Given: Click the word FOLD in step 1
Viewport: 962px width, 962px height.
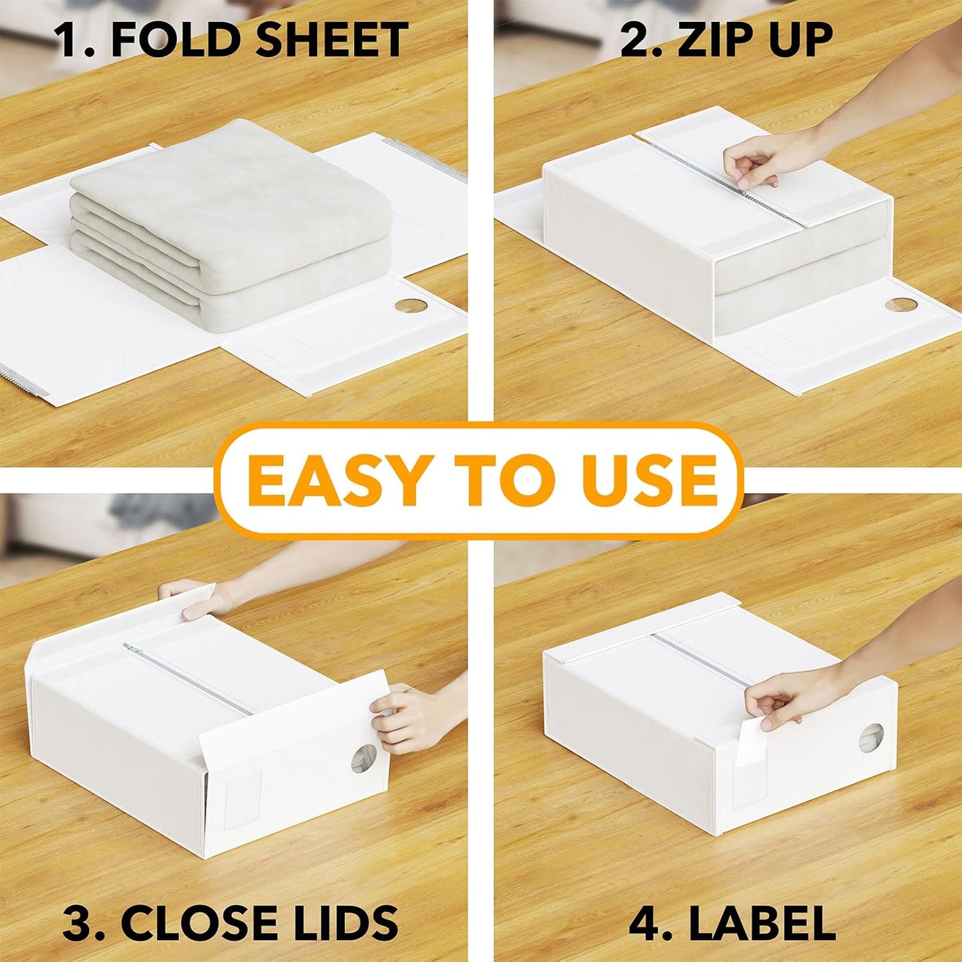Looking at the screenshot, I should pos(176,39).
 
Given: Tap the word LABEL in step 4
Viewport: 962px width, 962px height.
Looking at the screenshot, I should pos(762,923).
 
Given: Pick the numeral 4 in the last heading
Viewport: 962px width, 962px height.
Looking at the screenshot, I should pos(642,923).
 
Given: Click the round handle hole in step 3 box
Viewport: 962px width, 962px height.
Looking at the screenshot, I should pos(363,759).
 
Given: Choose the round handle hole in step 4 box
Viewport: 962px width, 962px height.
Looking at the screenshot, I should pos(871,738).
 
